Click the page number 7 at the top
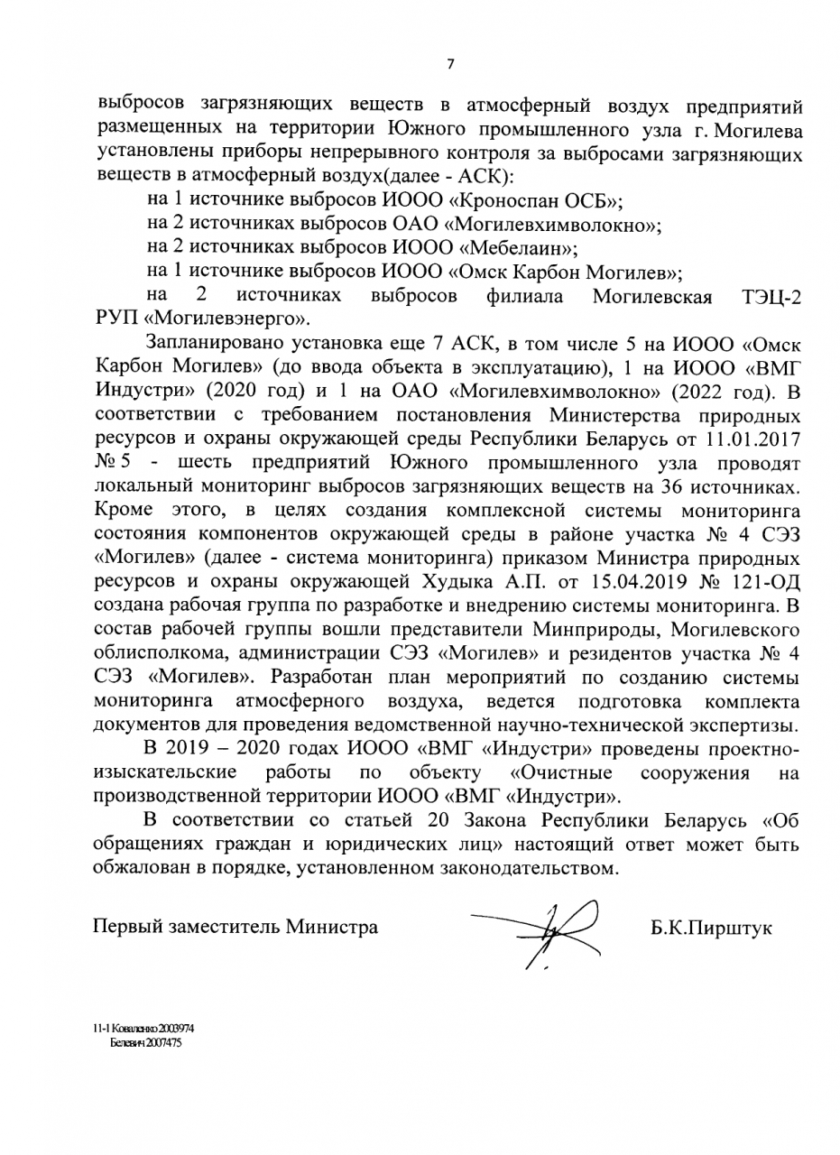[449, 63]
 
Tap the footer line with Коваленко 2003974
[143, 1029]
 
